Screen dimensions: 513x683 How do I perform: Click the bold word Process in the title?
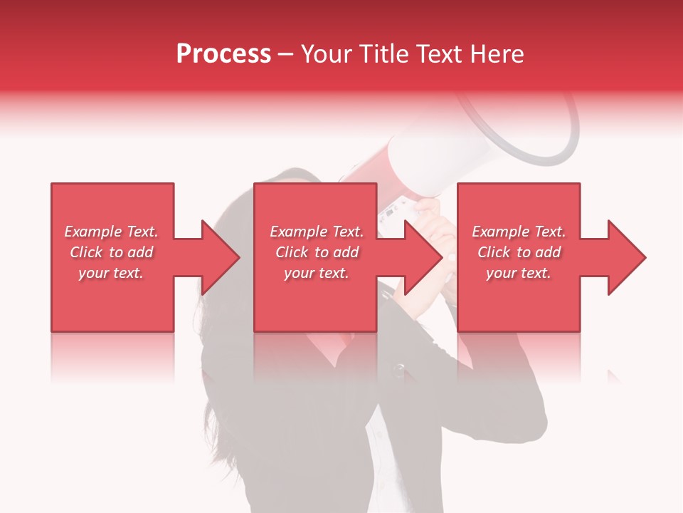tap(223, 54)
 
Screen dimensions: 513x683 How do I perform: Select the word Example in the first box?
tap(92, 232)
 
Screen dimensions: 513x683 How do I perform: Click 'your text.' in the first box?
tap(111, 273)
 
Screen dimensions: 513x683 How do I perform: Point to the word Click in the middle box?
tap(290, 252)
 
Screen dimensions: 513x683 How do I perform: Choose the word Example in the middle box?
tap(298, 232)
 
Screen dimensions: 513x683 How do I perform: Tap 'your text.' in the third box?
tap(519, 273)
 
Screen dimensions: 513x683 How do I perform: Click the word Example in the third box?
tap(500, 232)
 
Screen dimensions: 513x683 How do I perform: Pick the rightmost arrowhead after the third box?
tap(625, 257)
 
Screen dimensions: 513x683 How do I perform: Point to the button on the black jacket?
tap(400, 369)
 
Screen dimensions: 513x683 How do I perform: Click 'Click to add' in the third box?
tap(519, 252)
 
